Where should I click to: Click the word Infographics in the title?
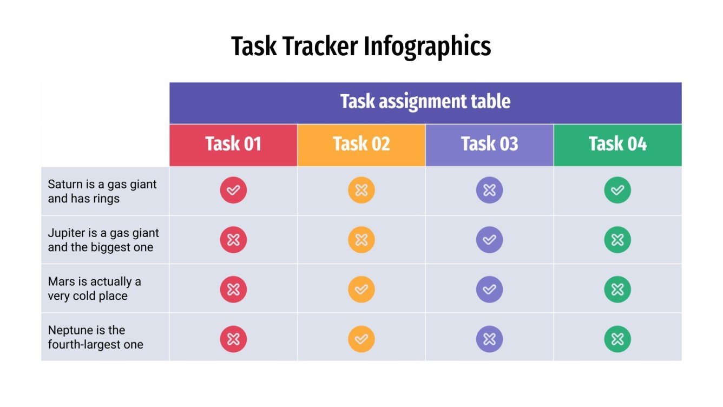coord(427,47)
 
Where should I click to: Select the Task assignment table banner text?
coord(425,102)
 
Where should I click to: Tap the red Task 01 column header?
coord(233,144)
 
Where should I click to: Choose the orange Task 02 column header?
coord(361,144)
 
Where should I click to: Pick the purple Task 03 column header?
coord(489,144)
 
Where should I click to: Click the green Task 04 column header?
coord(617,144)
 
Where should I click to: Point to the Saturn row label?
coord(102,191)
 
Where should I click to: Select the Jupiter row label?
coord(103,240)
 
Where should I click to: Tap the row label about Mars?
coord(94,288)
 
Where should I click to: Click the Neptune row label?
coord(95,337)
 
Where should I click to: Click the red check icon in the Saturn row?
coord(233,191)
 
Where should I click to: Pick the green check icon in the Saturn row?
coord(617,191)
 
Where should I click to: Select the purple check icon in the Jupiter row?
coord(489,240)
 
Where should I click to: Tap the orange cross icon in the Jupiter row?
coord(361,240)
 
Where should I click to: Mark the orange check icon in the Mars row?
coord(361,290)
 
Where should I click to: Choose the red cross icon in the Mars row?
coord(233,290)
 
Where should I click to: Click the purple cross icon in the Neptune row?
coord(489,339)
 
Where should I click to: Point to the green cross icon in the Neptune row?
coord(617,339)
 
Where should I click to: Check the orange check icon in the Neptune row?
coord(361,339)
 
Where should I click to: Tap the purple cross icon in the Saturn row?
coord(489,191)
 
